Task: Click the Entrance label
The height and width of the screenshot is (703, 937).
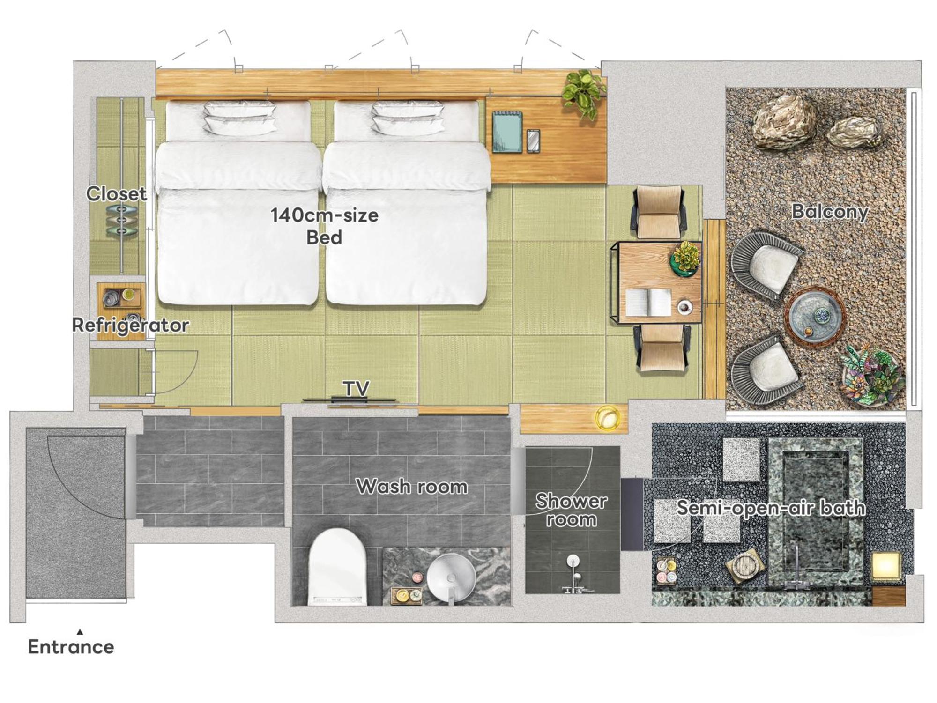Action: click(x=71, y=647)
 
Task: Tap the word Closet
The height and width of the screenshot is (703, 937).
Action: click(x=116, y=193)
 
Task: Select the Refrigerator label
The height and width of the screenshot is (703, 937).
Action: click(x=130, y=325)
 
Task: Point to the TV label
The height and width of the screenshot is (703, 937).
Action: click(x=356, y=388)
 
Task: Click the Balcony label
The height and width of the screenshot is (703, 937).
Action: click(x=830, y=212)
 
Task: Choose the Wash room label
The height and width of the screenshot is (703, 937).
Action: click(x=412, y=487)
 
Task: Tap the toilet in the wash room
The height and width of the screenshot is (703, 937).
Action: click(x=337, y=567)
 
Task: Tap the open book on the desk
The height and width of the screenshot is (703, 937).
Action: click(x=648, y=302)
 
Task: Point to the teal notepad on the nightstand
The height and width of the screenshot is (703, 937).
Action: click(x=507, y=132)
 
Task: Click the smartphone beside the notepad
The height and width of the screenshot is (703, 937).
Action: click(x=533, y=141)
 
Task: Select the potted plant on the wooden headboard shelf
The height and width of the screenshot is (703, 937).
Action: click(x=584, y=94)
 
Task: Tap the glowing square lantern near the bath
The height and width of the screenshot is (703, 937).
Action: click(x=886, y=567)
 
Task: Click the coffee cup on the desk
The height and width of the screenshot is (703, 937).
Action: click(x=684, y=307)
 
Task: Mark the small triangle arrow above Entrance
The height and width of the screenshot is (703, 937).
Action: click(x=80, y=632)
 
